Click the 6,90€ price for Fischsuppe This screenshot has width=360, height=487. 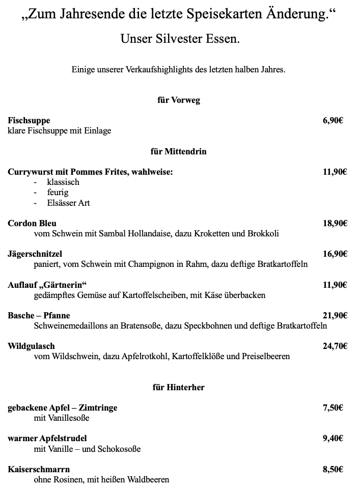tap(333, 121)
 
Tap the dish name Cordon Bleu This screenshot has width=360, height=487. tap(32, 223)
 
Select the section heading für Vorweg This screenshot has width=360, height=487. tap(179, 100)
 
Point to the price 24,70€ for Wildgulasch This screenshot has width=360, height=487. tap(335, 346)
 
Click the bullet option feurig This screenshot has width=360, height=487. tap(58, 193)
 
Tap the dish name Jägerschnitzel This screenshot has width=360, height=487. tap(35, 254)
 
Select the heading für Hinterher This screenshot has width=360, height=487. tap(179, 388)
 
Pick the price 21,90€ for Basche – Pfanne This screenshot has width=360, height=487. tap(335, 316)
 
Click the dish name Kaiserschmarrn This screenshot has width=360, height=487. tap(39, 469)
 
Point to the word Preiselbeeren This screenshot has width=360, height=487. tap(266, 357)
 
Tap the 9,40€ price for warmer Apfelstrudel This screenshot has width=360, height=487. tap(333, 438)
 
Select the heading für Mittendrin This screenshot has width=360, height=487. tap(179, 151)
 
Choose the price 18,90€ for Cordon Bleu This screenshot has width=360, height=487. tap(335, 223)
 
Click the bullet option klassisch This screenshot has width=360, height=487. tap(63, 182)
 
